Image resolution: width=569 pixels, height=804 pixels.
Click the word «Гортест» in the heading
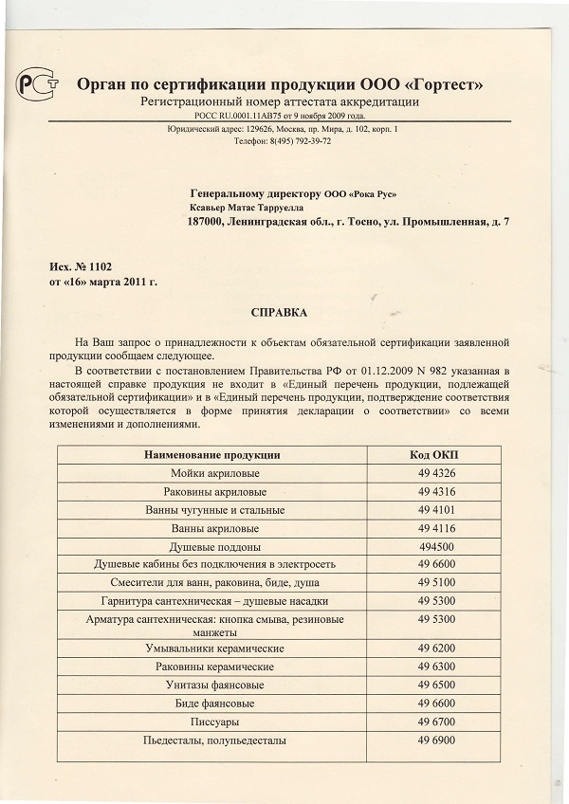441,85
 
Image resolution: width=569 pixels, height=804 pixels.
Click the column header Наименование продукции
211,455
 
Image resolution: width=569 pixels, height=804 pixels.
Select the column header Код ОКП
436,455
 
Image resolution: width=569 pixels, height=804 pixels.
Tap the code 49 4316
436,492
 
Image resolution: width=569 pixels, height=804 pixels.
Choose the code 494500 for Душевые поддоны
436,547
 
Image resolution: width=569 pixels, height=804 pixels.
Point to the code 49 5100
436,582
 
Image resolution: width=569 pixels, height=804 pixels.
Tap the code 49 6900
436,740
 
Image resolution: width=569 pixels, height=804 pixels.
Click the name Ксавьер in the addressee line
211,207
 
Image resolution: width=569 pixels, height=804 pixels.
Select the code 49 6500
436,685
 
